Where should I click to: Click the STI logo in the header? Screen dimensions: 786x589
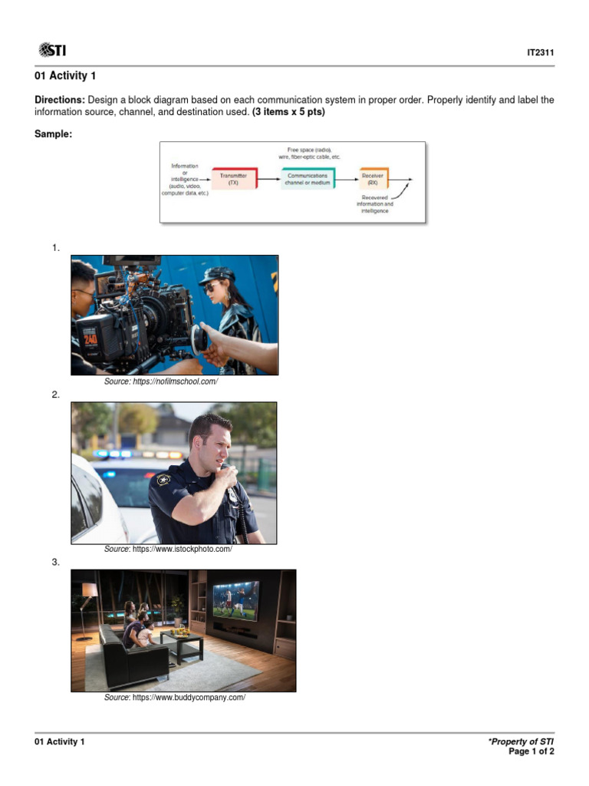click(52, 51)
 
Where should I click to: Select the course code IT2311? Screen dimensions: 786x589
click(540, 53)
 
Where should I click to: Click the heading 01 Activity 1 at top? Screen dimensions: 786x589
click(65, 76)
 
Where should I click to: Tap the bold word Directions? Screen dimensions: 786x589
click(60, 101)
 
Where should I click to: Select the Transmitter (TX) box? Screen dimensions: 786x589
click(233, 180)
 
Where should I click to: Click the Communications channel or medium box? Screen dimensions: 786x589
click(308, 180)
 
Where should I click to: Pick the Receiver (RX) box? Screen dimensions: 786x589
click(373, 180)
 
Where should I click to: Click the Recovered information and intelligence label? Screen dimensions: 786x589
click(375, 204)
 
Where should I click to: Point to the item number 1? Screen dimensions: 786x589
click(55, 248)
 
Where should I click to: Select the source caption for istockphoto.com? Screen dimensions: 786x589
click(168, 549)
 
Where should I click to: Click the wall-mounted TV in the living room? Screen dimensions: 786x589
click(235, 600)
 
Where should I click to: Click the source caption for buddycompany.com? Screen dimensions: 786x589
click(174, 697)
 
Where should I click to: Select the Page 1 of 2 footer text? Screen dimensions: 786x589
click(531, 752)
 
